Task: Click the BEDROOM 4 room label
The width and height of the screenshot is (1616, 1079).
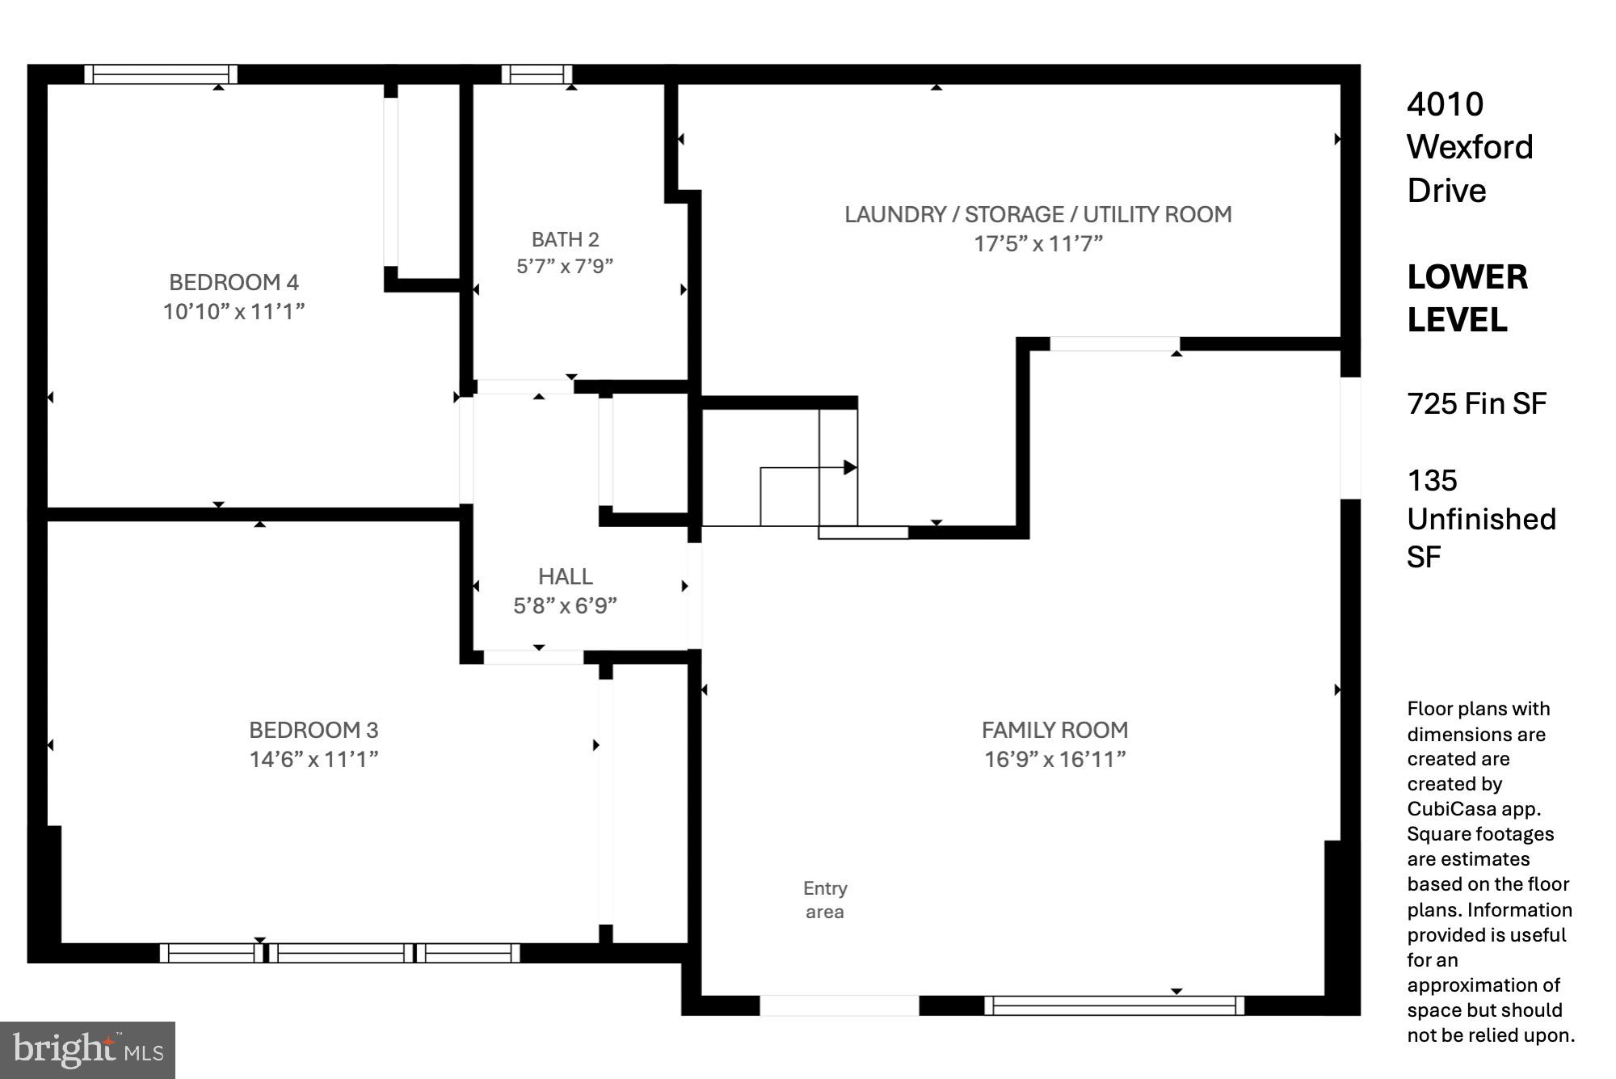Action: click(x=234, y=282)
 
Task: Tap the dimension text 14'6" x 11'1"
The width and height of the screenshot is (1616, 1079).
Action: click(x=314, y=759)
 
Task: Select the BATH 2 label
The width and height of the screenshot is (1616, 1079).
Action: click(x=565, y=239)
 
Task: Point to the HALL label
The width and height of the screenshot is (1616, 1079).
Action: click(x=565, y=576)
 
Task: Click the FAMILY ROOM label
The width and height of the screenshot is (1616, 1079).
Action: click(x=1054, y=730)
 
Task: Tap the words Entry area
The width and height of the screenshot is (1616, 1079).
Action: click(x=825, y=900)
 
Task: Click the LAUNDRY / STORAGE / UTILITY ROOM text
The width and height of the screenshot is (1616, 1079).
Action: click(x=1037, y=214)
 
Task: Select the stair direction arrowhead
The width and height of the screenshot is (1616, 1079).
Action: click(x=850, y=467)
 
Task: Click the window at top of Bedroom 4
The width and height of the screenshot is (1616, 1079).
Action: click(x=161, y=74)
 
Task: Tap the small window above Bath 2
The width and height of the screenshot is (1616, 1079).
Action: click(x=537, y=74)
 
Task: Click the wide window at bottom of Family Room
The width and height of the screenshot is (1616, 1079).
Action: click(x=1114, y=1005)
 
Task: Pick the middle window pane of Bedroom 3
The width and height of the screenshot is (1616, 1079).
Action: click(x=340, y=953)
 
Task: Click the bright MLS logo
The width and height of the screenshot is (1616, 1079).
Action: click(x=87, y=1050)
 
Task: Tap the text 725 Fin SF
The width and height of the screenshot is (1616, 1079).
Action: click(x=1476, y=403)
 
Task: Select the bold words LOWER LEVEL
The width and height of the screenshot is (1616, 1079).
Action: click(x=1467, y=298)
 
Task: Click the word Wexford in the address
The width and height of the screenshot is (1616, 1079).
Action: click(x=1469, y=147)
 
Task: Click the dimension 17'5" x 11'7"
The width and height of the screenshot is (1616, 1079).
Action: click(x=1037, y=243)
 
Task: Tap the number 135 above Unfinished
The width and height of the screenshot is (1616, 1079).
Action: click(x=1432, y=481)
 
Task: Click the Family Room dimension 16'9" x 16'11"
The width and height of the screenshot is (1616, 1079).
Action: click(x=1054, y=759)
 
